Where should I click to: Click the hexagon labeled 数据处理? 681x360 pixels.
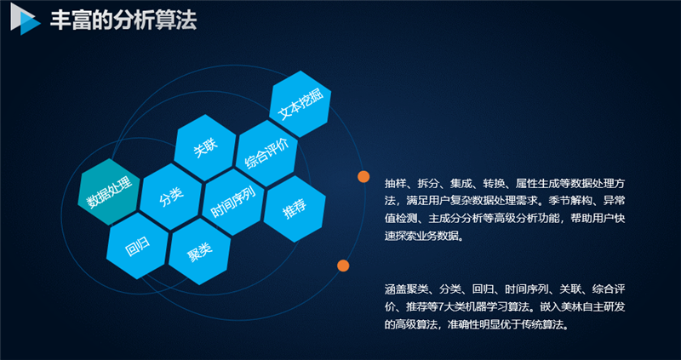coord(110,192)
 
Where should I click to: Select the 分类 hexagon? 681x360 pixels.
coord(171,196)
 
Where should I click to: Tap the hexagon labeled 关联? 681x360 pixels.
coord(205,148)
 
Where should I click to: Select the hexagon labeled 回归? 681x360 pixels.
coord(138,243)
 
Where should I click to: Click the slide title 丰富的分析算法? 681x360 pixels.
coord(123,21)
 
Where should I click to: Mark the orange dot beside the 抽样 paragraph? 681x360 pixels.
coord(363,177)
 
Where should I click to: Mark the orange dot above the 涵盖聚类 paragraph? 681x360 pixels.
coord(344,266)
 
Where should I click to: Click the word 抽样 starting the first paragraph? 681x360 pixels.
coord(396,184)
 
